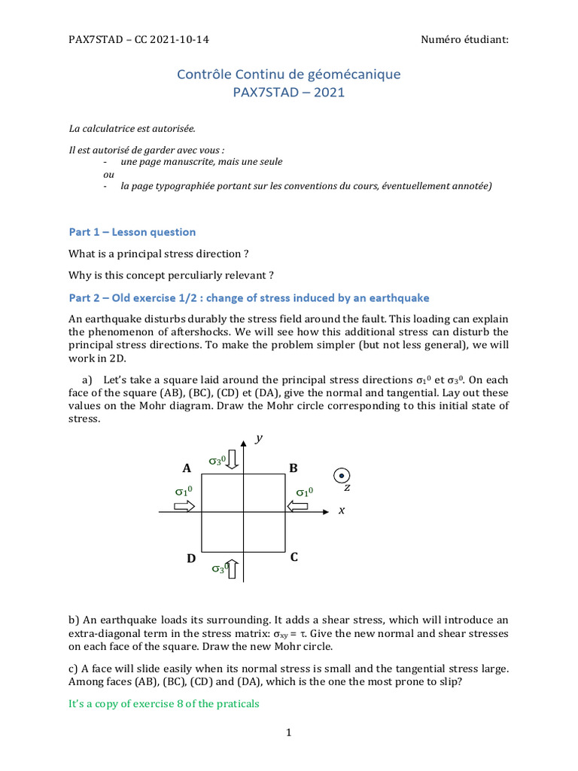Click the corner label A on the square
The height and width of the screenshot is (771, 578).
tap(185, 468)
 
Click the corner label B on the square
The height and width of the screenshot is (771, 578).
tap(294, 468)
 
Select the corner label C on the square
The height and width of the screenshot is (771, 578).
tap(294, 557)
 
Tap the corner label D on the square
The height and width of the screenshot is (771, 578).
tap(192, 559)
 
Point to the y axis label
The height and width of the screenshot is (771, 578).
tap(258, 438)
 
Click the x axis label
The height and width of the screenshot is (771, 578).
tap(341, 510)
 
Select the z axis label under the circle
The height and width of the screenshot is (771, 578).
tap(347, 488)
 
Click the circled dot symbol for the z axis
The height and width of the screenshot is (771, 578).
tap(342, 475)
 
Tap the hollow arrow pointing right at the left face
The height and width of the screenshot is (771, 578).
tap(184, 507)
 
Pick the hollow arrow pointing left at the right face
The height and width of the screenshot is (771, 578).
tap(297, 507)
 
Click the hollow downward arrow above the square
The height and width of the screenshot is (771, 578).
tap(233, 459)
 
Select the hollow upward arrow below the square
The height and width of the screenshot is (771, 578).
tap(233, 569)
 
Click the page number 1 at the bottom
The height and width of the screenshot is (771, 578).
tap(288, 733)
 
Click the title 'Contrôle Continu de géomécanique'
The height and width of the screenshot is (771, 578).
tap(288, 74)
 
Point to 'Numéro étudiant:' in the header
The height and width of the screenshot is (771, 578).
tap(465, 39)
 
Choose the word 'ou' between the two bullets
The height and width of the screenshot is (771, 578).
tap(106, 174)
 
